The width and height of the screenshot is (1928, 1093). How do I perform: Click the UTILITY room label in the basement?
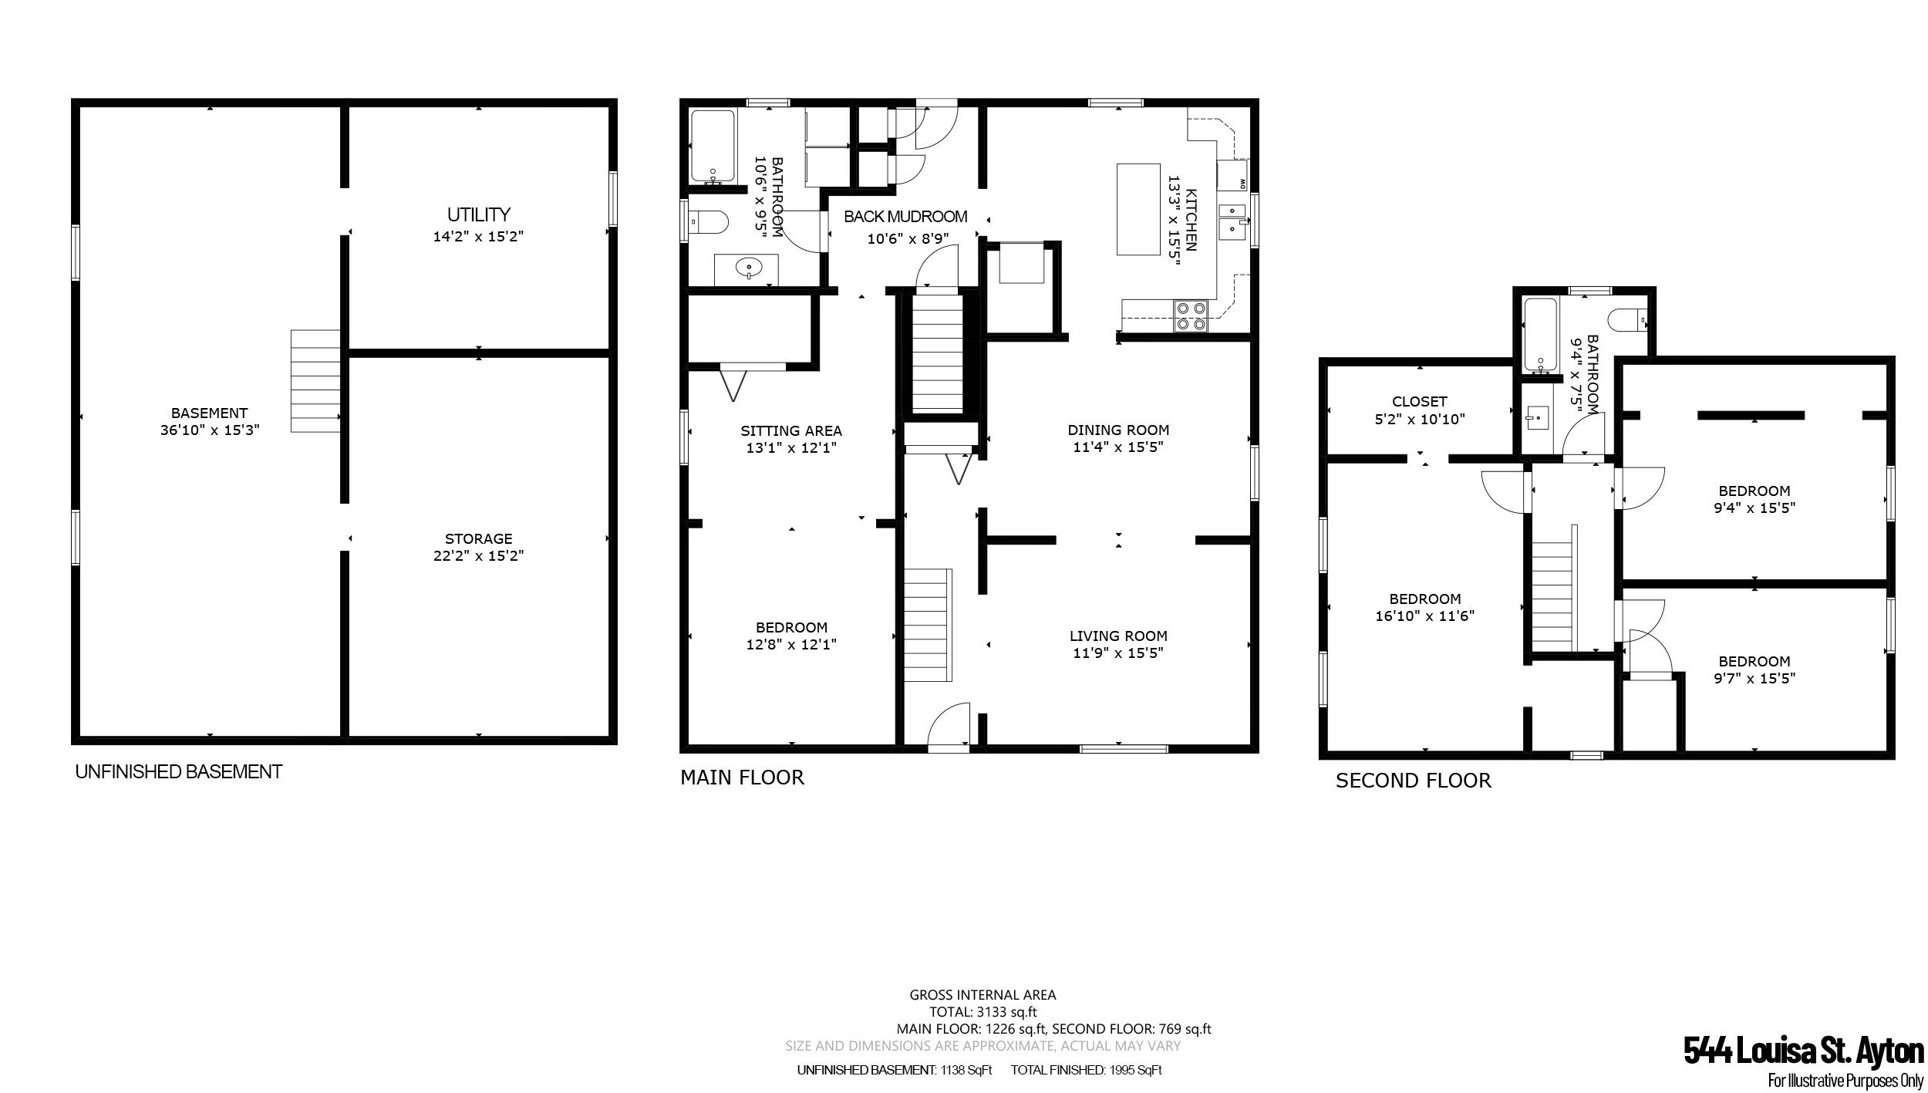pos(479,214)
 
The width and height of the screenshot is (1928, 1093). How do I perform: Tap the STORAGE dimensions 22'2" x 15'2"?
pos(478,555)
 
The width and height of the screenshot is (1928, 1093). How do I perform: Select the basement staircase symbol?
pos(315,381)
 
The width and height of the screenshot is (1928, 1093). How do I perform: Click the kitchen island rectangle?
pos(1138,209)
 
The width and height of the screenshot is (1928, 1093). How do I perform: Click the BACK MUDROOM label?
pos(905,217)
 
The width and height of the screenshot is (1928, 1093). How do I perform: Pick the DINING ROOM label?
pos(1118,430)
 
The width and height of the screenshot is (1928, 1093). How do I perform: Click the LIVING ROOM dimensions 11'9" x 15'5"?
pos(1118,653)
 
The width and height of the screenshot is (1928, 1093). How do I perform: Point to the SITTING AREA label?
pos(791,430)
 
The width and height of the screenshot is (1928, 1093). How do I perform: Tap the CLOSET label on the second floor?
pos(1420,402)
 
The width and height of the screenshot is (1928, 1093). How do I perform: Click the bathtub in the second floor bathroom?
pos(1540,336)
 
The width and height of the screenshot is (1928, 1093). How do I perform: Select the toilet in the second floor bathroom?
pos(1629,319)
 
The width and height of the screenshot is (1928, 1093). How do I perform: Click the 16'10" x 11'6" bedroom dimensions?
pos(1425,616)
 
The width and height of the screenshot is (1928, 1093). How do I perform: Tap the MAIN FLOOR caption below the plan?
pos(742,778)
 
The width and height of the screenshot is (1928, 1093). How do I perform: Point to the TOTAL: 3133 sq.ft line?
pos(983,1012)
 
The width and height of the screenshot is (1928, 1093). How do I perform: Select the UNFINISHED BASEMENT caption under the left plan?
pos(179,771)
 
